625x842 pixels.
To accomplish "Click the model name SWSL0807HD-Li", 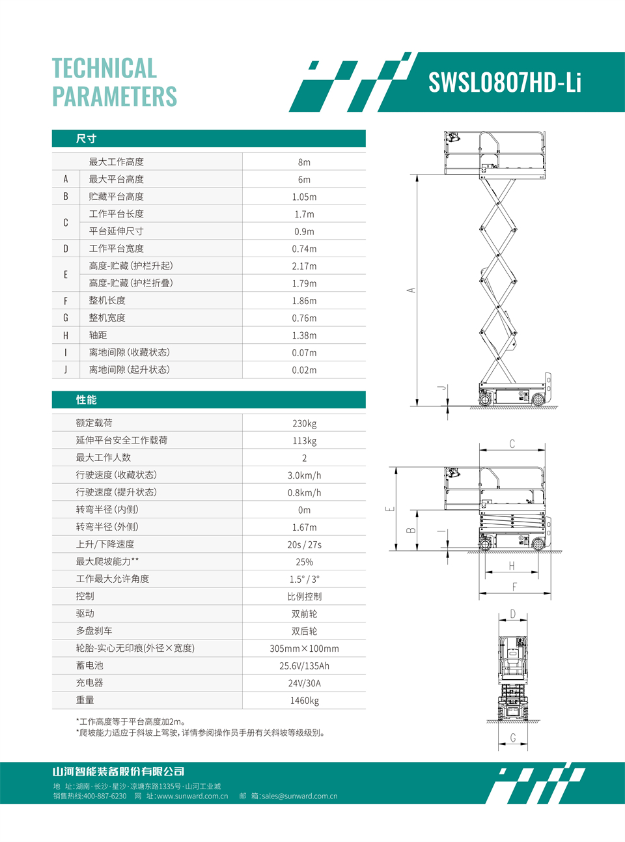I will click(505, 83).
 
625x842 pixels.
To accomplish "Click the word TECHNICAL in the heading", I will click(104, 68).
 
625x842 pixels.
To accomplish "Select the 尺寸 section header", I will click(86, 139).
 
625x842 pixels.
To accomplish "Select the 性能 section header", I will click(86, 400).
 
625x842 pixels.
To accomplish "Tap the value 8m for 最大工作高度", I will click(304, 162).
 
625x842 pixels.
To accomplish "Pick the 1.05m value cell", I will click(304, 197).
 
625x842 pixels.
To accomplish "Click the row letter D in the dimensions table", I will click(66, 249).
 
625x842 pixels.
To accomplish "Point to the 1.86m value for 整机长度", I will click(304, 301).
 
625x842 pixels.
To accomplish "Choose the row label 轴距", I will click(98, 335).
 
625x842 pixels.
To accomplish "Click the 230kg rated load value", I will click(304, 423).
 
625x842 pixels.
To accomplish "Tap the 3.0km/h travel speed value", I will click(304, 475).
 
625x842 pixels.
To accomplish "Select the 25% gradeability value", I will click(304, 562).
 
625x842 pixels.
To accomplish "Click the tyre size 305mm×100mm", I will click(304, 649).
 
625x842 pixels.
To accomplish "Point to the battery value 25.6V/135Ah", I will click(304, 666).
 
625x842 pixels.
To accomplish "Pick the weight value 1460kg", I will click(304, 701).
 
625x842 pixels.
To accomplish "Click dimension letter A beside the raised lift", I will click(411, 290).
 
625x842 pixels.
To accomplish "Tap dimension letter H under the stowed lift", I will click(512, 566).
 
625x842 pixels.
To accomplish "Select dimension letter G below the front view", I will click(513, 738).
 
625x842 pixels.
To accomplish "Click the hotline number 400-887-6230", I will click(105, 796).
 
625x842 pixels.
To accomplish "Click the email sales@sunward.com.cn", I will click(299, 796).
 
